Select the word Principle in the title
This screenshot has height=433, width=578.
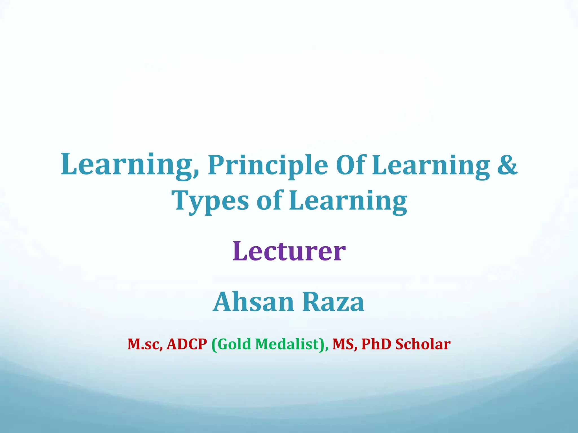[x=268, y=166]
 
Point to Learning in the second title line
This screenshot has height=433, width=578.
[x=348, y=201]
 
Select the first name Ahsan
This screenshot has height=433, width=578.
[x=253, y=302]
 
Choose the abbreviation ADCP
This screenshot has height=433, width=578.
[x=187, y=344]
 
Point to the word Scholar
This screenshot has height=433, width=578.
[x=423, y=344]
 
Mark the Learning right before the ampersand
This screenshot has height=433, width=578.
[x=431, y=166]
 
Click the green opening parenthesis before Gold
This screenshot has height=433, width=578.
[x=214, y=345]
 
